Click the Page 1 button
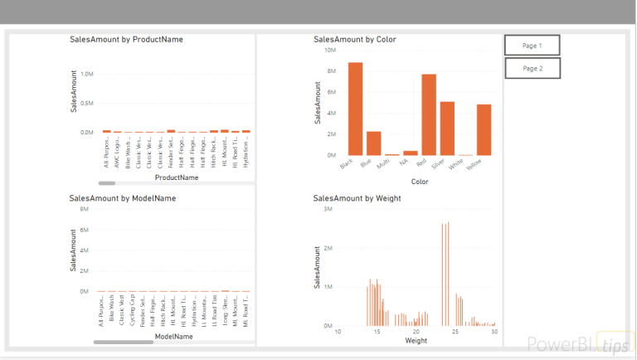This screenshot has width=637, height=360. click(532, 46)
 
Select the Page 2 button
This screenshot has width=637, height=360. click(532, 68)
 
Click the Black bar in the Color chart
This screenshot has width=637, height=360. click(355, 109)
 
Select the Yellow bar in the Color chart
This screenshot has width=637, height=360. click(484, 129)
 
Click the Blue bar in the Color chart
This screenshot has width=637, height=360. click(373, 143)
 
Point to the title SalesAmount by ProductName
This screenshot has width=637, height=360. click(126, 39)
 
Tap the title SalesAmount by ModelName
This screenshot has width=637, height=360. click(123, 198)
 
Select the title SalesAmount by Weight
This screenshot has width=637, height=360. click(357, 198)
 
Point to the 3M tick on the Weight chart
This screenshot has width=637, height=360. click(328, 210)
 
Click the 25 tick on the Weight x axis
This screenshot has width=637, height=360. click(455, 332)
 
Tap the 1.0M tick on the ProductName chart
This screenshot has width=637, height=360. click(86, 75)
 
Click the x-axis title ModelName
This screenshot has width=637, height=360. click(174, 337)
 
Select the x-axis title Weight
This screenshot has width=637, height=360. click(416, 341)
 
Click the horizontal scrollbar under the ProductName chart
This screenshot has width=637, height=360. click(107, 182)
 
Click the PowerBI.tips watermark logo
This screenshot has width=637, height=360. click(578, 344)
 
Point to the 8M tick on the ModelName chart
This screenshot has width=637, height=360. click(84, 210)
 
